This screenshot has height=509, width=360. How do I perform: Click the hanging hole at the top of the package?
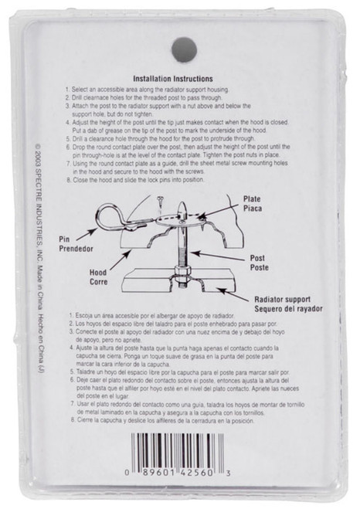click(184, 49)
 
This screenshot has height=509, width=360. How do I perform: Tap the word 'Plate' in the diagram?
click(252, 199)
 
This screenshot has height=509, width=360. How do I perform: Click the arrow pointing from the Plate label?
click(217, 205)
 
